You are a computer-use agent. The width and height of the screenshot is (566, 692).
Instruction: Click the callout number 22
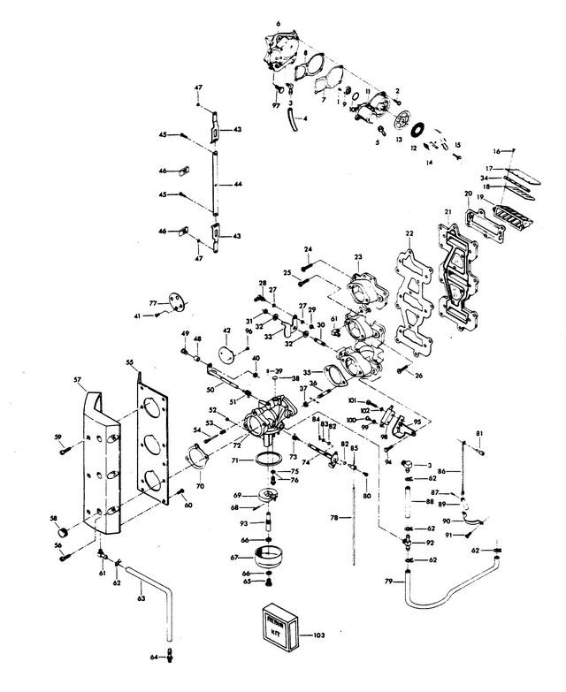pos(409,233)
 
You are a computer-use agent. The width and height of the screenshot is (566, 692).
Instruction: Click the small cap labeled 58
pos(62,533)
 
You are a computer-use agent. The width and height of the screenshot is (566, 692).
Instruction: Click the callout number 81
pos(480,432)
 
